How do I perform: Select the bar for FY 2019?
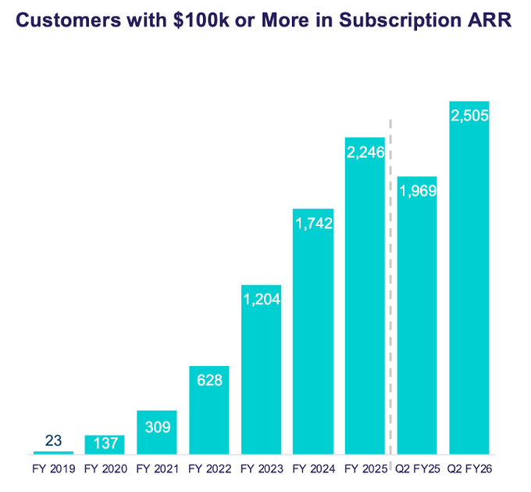pyautogui.click(x=53, y=452)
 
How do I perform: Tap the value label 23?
pyautogui.click(x=53, y=440)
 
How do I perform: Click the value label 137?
pyautogui.click(x=105, y=444)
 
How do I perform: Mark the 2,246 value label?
pyautogui.click(x=365, y=153)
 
